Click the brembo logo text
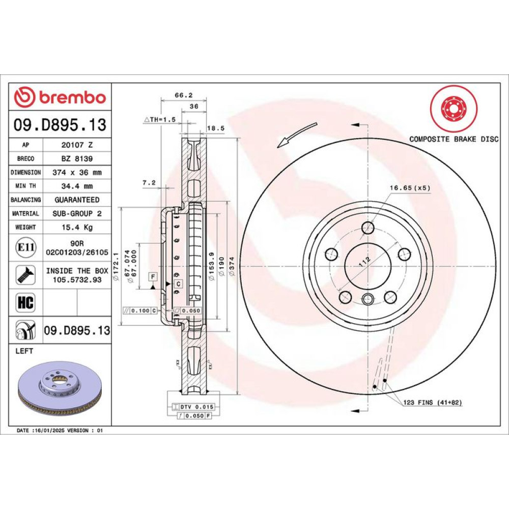pyautogui.click(x=72, y=97)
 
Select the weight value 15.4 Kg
pyautogui.click(x=77, y=227)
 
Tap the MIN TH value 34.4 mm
pyautogui.click(x=77, y=186)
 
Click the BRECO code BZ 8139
pyautogui.click(x=77, y=158)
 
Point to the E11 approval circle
pyautogui.click(x=25, y=247)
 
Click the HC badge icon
pyautogui.click(x=25, y=302)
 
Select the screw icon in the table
pyautogui.click(x=25, y=275)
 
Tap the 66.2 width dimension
pyautogui.click(x=184, y=95)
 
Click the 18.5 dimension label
pyautogui.click(x=216, y=128)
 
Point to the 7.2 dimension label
pyautogui.click(x=149, y=183)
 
